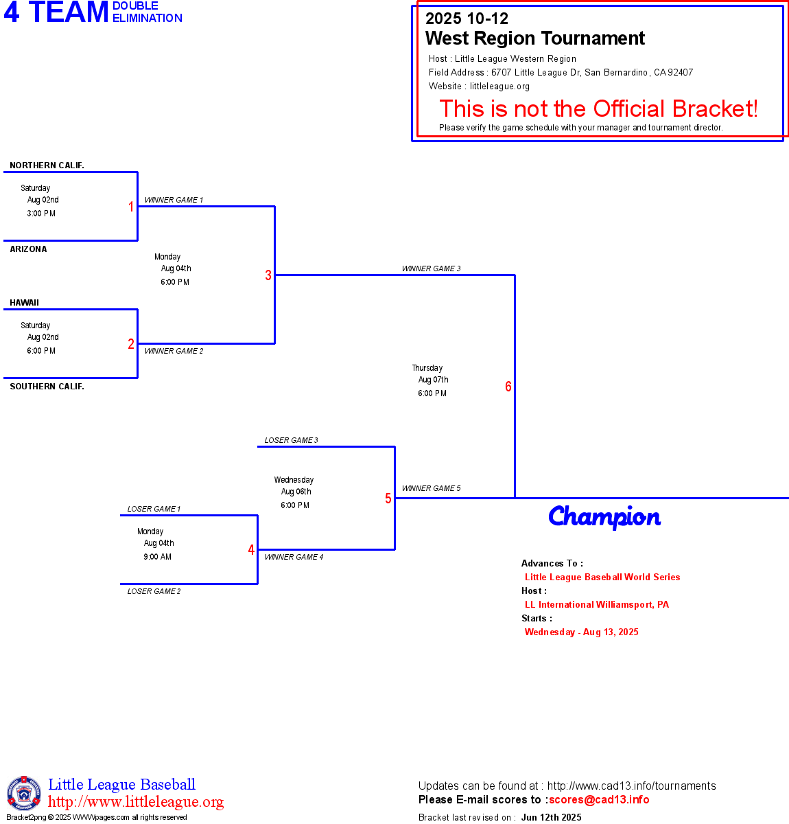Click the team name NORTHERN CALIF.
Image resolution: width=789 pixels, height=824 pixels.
47,165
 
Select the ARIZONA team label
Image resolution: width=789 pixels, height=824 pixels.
28,249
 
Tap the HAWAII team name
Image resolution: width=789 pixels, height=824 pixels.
24,302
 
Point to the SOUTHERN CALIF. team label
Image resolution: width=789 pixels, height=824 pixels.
47,386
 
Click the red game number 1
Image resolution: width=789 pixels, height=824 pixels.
131,207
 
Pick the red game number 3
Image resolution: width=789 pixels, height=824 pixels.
268,275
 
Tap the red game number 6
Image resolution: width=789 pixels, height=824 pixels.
508,386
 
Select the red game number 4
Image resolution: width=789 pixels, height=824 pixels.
251,549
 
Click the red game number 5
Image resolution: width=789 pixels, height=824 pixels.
388,499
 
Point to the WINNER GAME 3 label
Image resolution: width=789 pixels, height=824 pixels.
431,268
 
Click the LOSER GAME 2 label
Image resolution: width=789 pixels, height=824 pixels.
154,591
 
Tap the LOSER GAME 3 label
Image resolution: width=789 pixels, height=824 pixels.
291,440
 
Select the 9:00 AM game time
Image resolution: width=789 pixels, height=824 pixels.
157,556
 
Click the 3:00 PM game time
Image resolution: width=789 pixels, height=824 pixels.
41,214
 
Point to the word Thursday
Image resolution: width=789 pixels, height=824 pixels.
427,367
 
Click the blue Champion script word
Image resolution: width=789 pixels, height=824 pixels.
604,516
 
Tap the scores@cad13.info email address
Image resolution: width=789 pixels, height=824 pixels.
599,799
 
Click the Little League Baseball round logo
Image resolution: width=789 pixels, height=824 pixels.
24,793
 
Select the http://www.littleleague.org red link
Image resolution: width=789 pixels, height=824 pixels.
136,801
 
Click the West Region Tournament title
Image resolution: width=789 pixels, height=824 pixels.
534,38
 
